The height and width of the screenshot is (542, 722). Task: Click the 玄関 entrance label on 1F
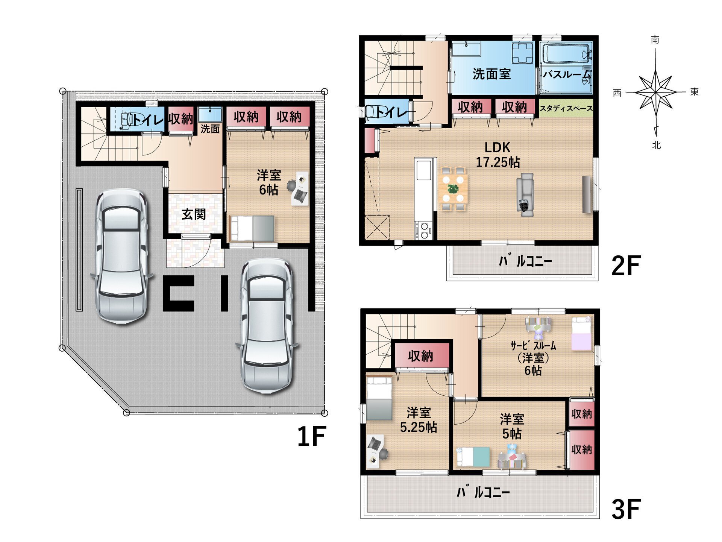coord(194,214)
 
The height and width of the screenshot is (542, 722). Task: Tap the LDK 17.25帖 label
coord(498,155)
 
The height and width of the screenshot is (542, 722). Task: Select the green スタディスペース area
coord(566,108)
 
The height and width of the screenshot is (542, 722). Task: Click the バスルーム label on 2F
coord(567,74)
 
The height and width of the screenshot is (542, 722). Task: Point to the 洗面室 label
coord(491,74)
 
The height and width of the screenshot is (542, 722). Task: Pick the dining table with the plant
coord(453,189)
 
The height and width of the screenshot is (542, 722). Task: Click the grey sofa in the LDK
coord(525,195)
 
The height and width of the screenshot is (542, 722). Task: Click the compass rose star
coord(656,92)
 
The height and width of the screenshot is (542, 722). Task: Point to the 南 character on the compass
coord(655,40)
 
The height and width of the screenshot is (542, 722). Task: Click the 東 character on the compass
coord(694,92)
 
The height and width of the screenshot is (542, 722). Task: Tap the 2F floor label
coord(626,266)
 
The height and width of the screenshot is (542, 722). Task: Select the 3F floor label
coord(626,509)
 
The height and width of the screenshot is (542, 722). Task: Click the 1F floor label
coord(311,437)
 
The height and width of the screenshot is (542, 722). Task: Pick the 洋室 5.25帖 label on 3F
coord(418,420)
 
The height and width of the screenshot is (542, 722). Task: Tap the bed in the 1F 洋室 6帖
coord(252,228)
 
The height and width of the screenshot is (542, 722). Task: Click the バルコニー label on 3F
coord(483,492)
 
